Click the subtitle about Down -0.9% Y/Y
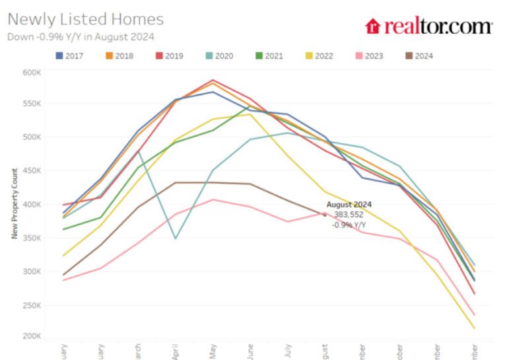pyautogui.click(x=81, y=37)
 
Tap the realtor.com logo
pyautogui.click(x=429, y=26)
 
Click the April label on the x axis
pyautogui.click(x=175, y=351)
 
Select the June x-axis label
pyautogui.click(x=250, y=351)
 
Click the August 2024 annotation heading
pyautogui.click(x=349, y=204)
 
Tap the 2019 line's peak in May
pyautogui.click(x=213, y=80)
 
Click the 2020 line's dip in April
pyautogui.click(x=175, y=238)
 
